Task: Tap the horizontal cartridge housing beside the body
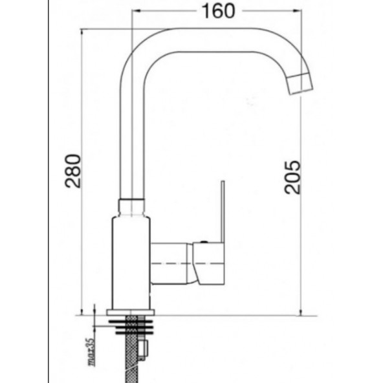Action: click(x=172, y=264)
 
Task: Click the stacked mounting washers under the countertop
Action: click(x=133, y=322)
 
